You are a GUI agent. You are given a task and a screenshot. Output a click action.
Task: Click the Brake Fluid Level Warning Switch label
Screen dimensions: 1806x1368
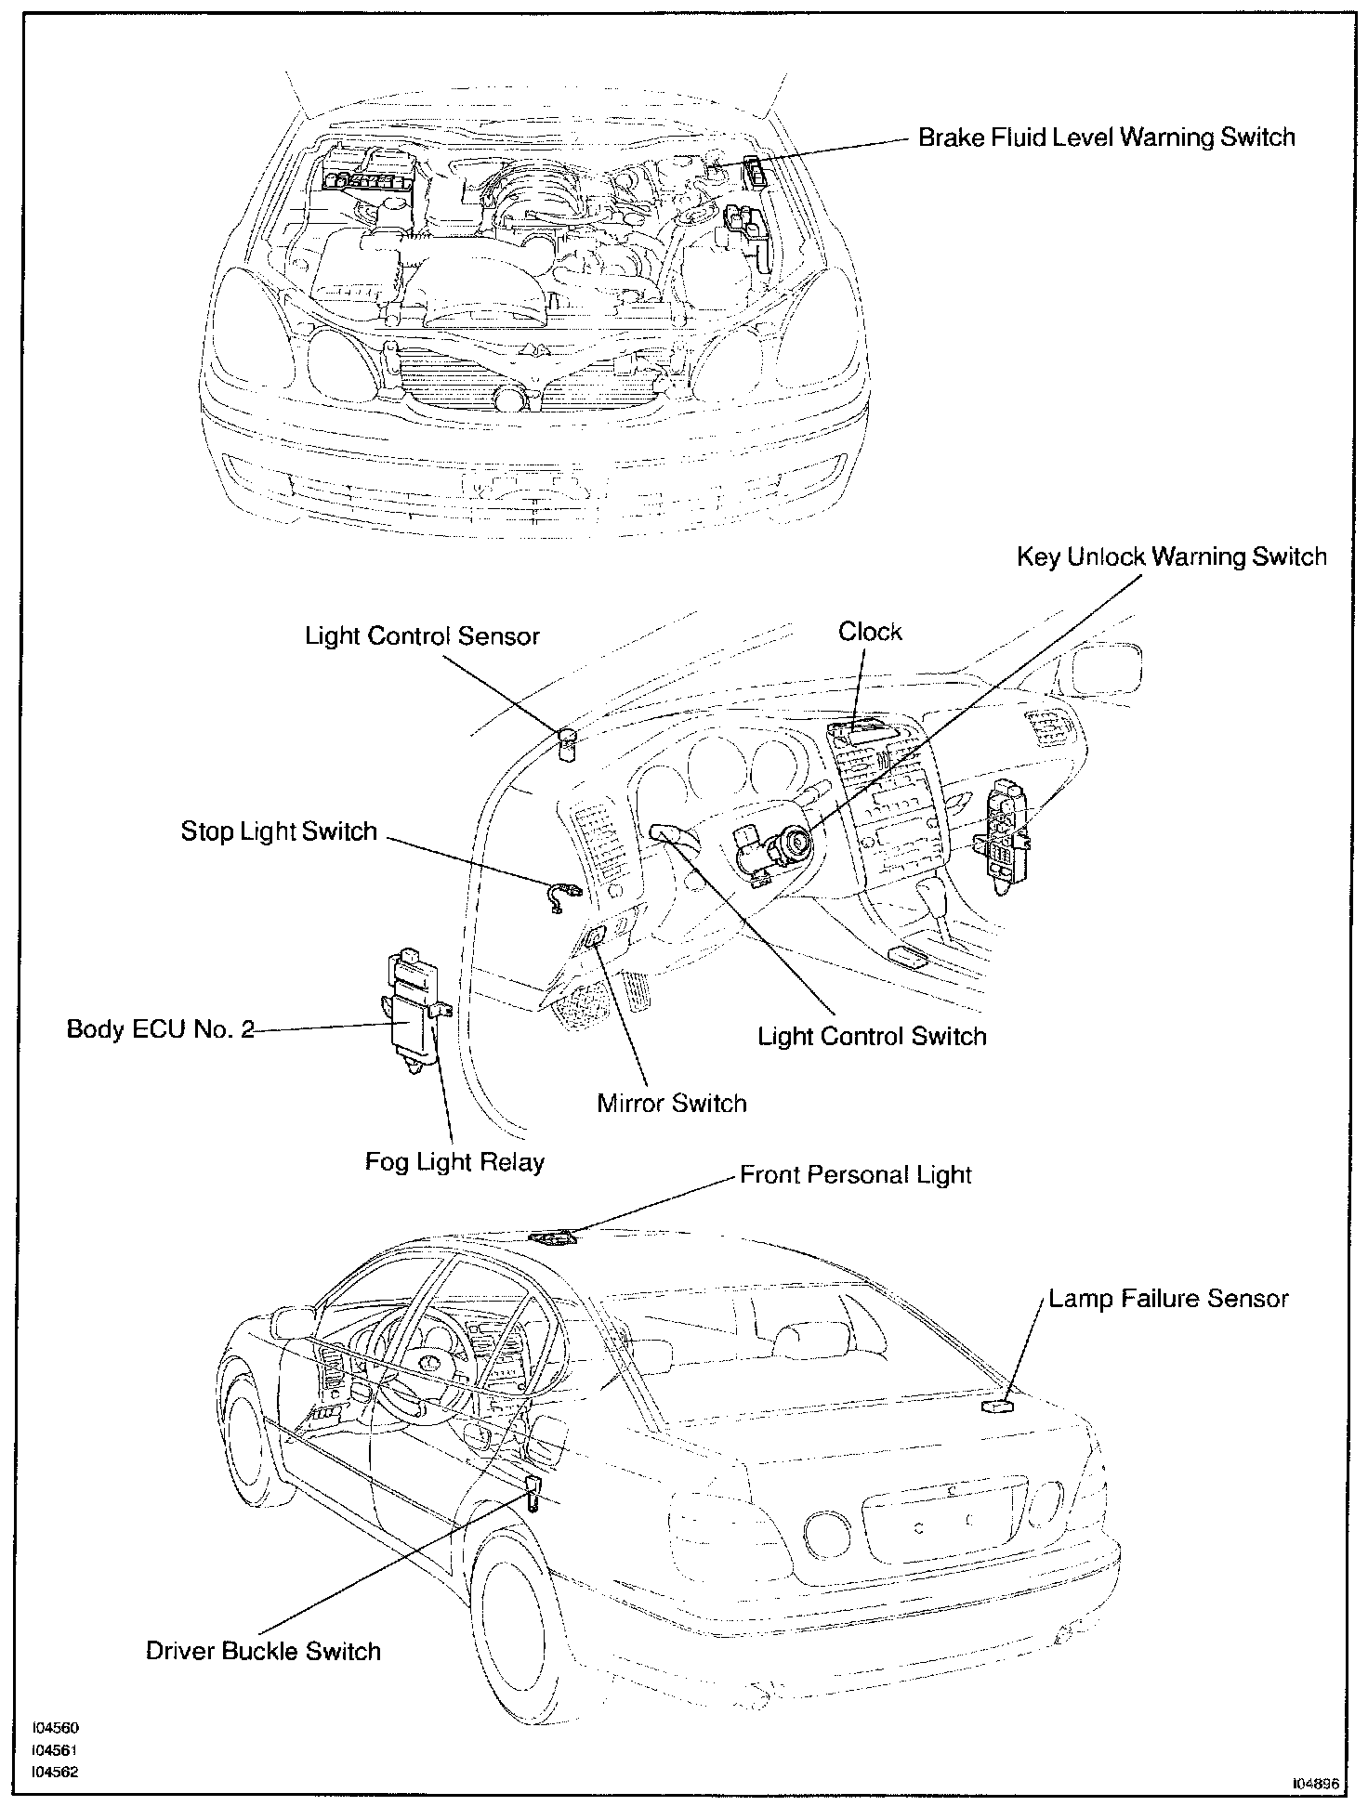coord(1106,137)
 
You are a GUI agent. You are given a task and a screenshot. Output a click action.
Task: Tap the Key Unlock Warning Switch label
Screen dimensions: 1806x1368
coord(1171,556)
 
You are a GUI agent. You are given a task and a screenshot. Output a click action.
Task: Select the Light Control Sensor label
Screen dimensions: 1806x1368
coord(422,636)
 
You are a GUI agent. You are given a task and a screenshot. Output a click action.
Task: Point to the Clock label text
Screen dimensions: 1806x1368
coord(870,632)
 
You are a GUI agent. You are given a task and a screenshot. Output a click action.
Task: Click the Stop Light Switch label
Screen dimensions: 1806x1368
coord(279,831)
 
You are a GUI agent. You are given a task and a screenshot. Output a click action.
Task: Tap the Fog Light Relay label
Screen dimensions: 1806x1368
coord(454,1161)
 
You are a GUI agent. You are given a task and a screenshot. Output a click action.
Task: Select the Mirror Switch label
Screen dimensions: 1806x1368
coord(671,1104)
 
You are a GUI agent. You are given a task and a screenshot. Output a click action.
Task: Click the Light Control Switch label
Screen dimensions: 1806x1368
coord(872,1036)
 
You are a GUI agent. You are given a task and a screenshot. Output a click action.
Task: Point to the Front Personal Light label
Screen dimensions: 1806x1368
coord(855,1174)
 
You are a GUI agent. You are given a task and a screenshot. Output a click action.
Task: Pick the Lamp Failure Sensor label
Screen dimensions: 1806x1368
coord(1168,1298)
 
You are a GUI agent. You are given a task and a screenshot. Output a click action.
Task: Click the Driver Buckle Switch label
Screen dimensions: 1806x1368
coord(263,1651)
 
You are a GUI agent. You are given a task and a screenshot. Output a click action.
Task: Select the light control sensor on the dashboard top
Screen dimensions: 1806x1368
coord(567,743)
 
